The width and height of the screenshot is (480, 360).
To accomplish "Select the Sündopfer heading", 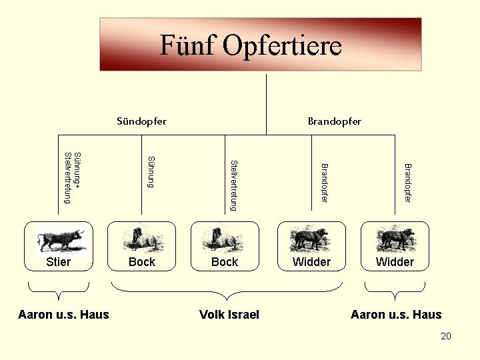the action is click(x=141, y=121).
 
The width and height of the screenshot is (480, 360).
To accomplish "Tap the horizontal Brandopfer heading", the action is click(x=335, y=121).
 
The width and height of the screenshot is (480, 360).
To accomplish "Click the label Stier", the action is click(x=59, y=262).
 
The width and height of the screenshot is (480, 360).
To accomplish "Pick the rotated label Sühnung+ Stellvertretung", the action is click(x=71, y=177).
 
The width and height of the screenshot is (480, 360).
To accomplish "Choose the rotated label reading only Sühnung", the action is click(x=151, y=171).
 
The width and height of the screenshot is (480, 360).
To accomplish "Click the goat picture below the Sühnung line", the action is click(x=142, y=239).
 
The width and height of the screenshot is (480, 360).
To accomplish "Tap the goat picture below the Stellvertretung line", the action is click(x=225, y=239).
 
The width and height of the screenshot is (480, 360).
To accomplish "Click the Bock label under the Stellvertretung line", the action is click(x=225, y=262).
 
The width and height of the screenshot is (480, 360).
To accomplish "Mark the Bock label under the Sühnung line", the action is click(x=142, y=262).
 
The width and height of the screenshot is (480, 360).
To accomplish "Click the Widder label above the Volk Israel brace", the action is click(x=311, y=262).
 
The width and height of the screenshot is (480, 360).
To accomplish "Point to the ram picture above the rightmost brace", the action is click(x=395, y=239).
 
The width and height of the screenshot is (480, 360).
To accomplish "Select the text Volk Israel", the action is click(x=229, y=315).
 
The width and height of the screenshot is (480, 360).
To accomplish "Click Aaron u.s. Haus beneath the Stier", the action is click(x=64, y=315).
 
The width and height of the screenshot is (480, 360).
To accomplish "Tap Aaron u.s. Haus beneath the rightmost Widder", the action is click(x=396, y=315).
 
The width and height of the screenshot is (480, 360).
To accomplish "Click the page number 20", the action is click(x=446, y=336).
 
